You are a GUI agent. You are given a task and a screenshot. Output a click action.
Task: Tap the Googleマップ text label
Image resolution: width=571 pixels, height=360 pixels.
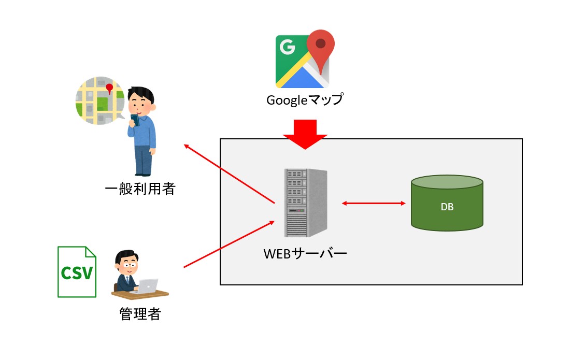(x=305, y=100)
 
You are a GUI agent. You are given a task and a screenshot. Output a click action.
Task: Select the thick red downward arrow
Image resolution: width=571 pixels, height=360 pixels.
(x=305, y=134)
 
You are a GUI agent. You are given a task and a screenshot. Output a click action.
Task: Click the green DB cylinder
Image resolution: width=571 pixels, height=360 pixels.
(x=447, y=203)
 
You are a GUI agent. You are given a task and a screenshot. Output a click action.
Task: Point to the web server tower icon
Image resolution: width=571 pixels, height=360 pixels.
(x=306, y=203)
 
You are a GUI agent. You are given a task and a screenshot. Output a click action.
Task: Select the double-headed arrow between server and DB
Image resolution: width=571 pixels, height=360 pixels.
(x=374, y=203)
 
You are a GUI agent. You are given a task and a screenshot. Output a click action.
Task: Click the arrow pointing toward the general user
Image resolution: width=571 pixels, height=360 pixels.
(x=229, y=174)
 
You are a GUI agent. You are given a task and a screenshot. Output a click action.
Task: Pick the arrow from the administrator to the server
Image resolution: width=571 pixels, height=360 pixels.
(x=229, y=244)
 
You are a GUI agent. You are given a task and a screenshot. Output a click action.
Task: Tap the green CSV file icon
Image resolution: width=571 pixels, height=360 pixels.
(x=77, y=272)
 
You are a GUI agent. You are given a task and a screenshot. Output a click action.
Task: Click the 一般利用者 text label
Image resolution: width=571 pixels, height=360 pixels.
(x=140, y=190)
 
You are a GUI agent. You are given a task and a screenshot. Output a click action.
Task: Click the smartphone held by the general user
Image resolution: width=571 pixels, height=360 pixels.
(x=135, y=120)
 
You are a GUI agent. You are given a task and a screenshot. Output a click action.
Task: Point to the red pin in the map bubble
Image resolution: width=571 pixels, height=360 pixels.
(x=109, y=89)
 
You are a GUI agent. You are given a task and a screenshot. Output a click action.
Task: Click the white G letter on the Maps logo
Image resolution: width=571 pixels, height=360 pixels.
(x=287, y=48)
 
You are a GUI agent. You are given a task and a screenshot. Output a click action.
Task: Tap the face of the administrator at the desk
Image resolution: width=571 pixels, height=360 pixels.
(x=127, y=262)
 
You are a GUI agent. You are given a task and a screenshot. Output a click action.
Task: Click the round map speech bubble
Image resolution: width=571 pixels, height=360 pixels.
(x=100, y=102)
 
